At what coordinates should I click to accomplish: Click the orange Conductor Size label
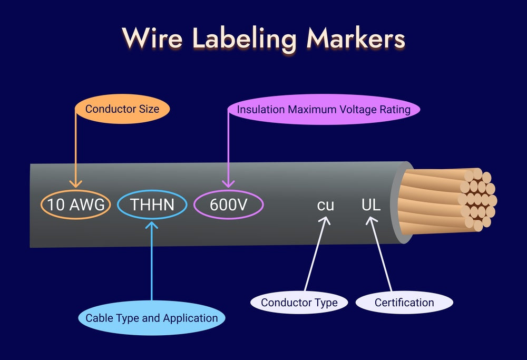[x=121, y=109]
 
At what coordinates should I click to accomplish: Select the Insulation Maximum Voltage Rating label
[x=324, y=110]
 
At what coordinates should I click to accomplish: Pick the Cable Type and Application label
[x=152, y=318]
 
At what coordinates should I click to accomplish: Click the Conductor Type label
[x=299, y=303]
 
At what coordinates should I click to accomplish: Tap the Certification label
[x=404, y=303]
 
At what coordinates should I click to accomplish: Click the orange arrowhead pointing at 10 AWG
[x=76, y=183]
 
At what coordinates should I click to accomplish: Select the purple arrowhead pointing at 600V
[x=228, y=183]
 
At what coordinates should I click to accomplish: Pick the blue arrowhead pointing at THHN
[x=152, y=225]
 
